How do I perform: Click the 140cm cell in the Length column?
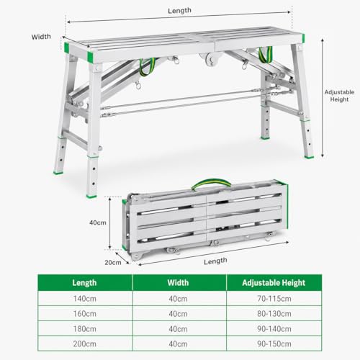tap(85, 299)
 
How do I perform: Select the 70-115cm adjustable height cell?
tap(274, 299)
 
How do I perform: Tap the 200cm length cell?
tap(85, 343)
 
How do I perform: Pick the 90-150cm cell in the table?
tap(274, 343)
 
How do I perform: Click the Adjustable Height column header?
tap(274, 283)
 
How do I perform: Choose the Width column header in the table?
tap(178, 283)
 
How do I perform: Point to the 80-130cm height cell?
tap(274, 314)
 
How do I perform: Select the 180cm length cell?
tap(85, 329)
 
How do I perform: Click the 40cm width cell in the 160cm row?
tap(178, 314)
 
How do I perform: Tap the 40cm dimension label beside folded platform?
tap(98, 222)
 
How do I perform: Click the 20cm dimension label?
tap(113, 262)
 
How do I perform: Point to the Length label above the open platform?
tap(179, 11)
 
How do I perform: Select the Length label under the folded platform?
tap(215, 261)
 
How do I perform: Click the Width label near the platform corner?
tap(41, 37)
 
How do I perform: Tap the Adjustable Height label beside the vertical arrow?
tap(339, 96)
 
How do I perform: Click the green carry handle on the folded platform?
tap(211, 182)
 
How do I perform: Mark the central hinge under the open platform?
tap(211, 59)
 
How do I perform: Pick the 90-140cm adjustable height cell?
tap(274, 329)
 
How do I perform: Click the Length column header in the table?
tap(84, 283)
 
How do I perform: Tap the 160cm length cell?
tap(85, 314)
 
